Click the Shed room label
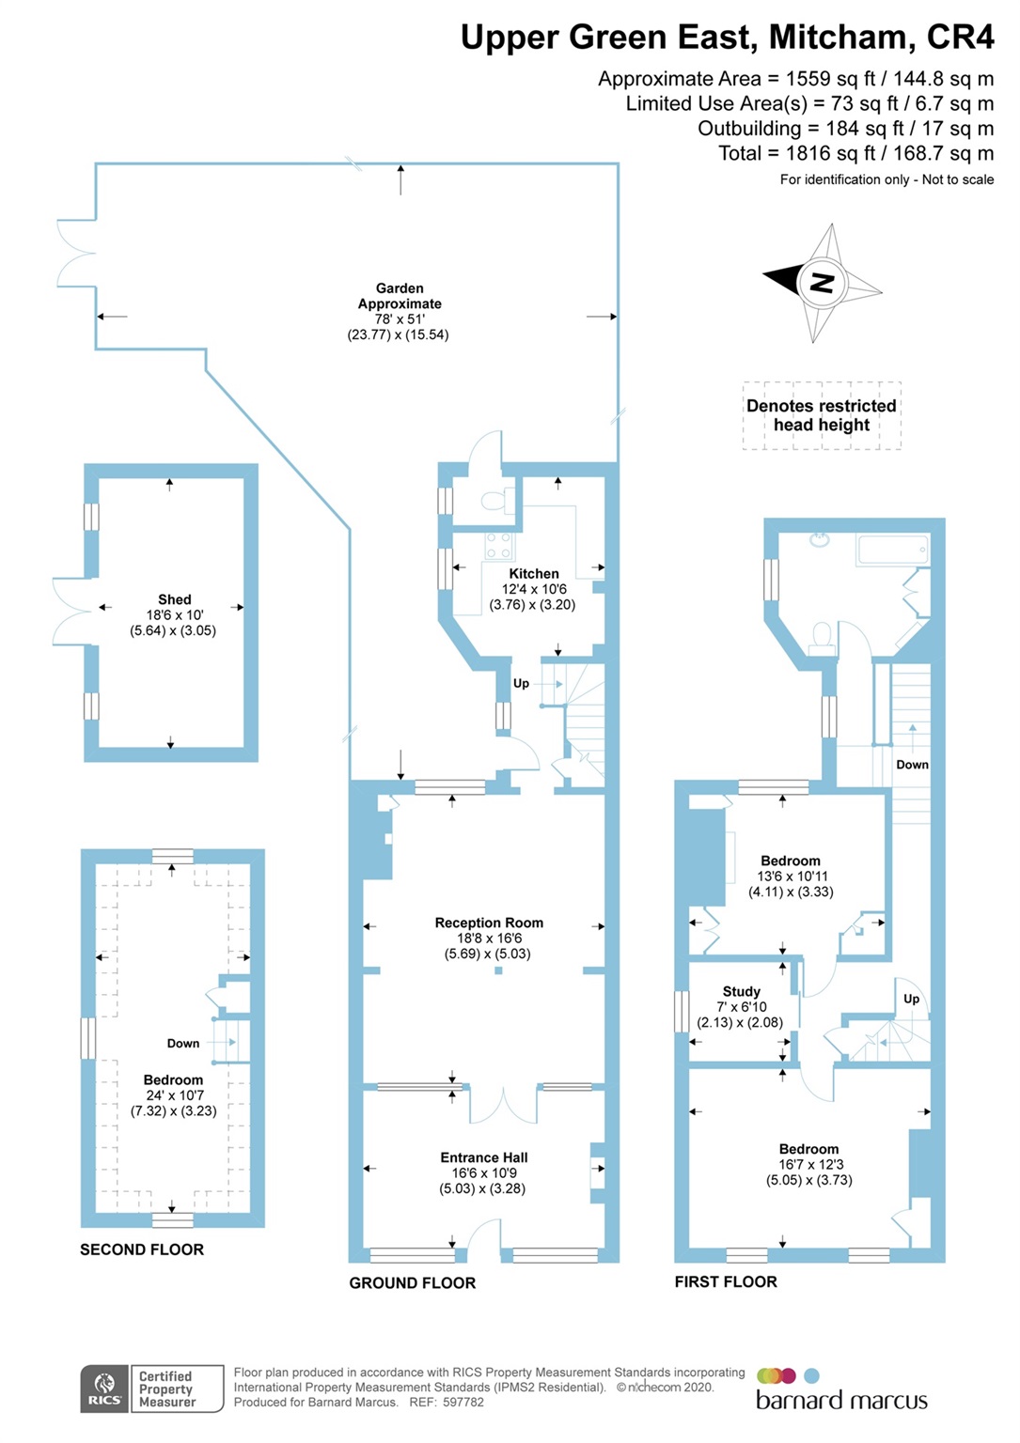174,599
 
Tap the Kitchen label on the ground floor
533,573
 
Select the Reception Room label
489,923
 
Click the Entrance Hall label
483,1157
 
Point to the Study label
741,991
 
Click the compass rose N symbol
822,282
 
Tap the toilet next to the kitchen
496,500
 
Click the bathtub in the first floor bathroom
892,550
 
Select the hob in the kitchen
498,546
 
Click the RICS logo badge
104,1389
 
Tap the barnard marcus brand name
841,1401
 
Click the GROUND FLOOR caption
412,1282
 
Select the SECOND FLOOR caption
141,1249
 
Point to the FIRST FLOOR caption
725,1281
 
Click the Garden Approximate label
399,296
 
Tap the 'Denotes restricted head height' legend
821,415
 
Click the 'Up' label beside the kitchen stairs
521,683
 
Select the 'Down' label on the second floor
182,1043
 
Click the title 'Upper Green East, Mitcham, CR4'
726,37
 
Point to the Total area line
855,153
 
